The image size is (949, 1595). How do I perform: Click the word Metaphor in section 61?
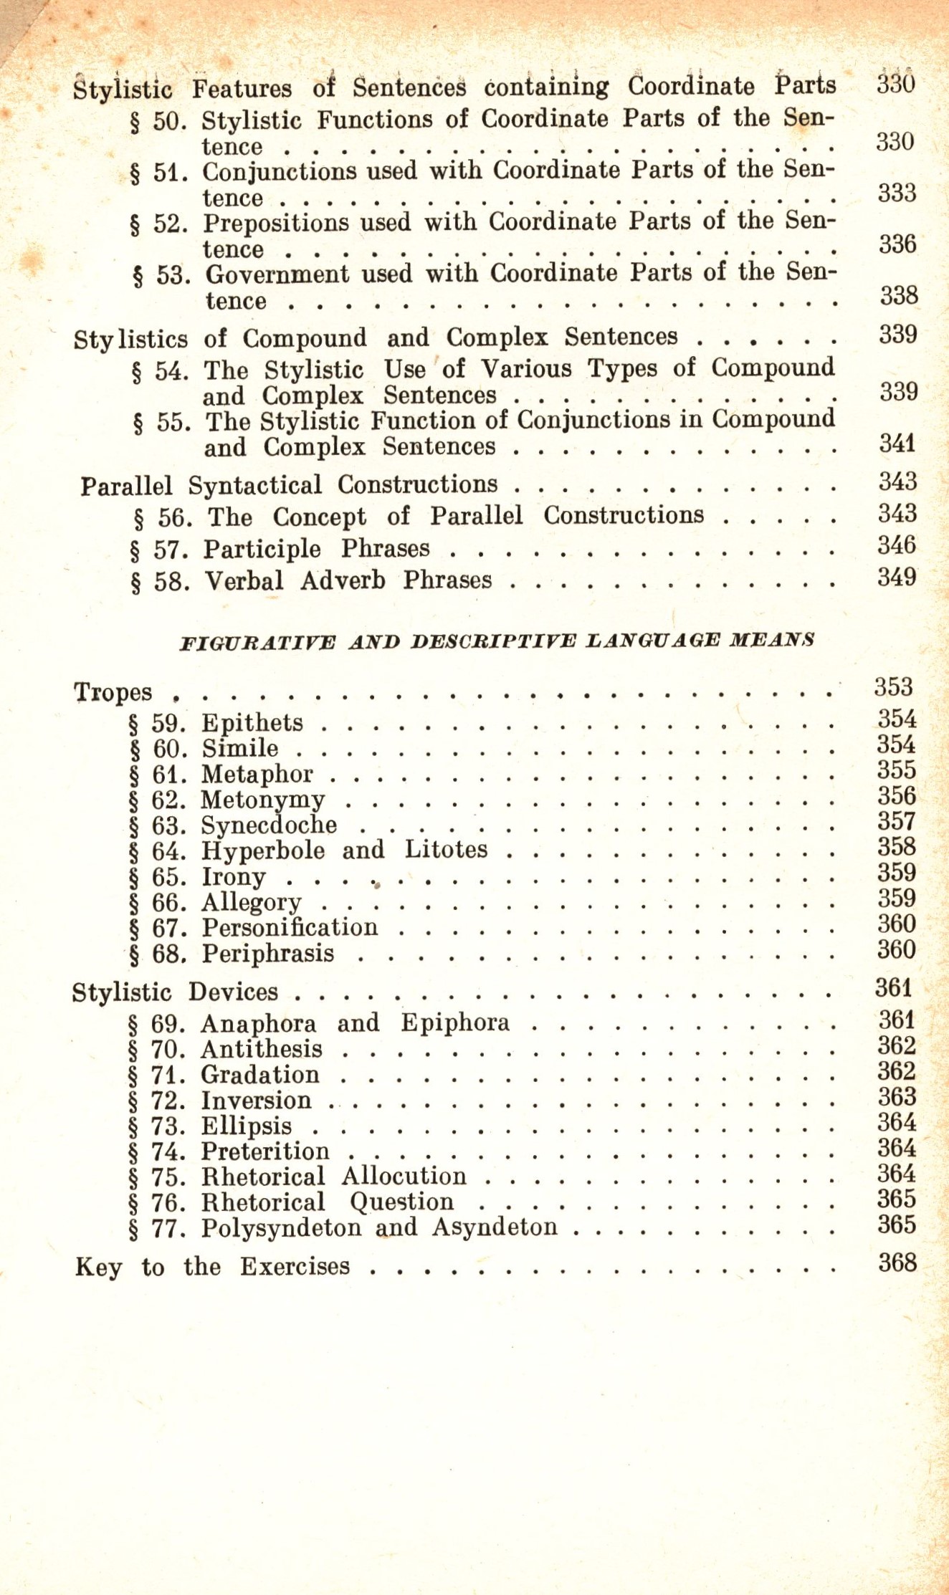(257, 775)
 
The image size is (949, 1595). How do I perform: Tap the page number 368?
(897, 1262)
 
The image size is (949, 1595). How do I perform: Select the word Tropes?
(113, 692)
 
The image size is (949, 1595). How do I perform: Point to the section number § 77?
(157, 1228)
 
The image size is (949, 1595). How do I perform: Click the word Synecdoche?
(269, 825)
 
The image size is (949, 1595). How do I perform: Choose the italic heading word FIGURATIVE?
(257, 641)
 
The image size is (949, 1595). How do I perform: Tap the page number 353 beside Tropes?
(893, 687)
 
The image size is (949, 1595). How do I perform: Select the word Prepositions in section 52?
(276, 223)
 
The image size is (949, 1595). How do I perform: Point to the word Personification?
(290, 928)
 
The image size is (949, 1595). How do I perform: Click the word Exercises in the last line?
(295, 1267)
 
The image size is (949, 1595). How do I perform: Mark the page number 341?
(898, 443)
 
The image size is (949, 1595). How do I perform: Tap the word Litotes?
(446, 850)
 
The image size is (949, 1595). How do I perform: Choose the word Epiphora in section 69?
(454, 1022)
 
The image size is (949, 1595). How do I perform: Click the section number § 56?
(163, 518)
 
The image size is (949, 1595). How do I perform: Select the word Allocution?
(404, 1177)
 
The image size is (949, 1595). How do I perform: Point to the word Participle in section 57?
(262, 549)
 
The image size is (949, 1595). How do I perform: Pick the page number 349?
(897, 577)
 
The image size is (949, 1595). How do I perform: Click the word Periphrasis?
(267, 954)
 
